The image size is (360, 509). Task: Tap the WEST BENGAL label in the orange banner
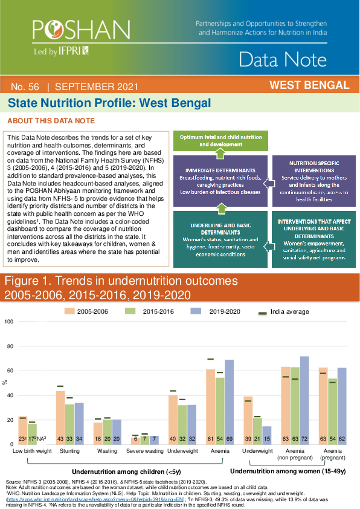point(309,85)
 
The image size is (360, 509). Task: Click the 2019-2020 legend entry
point(213,311)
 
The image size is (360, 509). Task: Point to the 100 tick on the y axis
point(8,322)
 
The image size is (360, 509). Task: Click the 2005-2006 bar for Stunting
point(60,417)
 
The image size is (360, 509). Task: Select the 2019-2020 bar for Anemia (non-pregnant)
point(304,400)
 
